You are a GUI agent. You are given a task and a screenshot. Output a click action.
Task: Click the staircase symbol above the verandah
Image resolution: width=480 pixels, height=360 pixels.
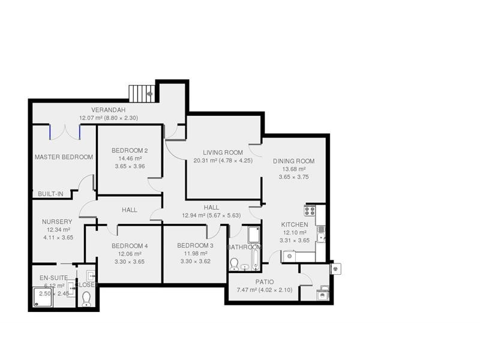(142, 94)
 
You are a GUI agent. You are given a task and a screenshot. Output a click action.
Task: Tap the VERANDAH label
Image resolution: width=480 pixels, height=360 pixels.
(108, 110)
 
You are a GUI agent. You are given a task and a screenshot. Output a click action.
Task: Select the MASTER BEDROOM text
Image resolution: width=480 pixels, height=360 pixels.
(64, 157)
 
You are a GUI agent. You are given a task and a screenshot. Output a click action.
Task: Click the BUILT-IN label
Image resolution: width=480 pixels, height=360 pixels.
(50, 194)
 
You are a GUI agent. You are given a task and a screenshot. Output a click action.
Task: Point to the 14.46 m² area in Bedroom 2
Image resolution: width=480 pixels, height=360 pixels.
(130, 158)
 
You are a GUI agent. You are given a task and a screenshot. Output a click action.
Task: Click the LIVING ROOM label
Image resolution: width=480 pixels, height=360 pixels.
(223, 152)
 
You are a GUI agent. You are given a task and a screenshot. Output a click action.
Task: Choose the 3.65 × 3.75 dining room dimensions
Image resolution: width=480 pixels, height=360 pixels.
(294, 178)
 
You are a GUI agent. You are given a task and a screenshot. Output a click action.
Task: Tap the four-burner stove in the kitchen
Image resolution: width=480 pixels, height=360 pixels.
(310, 211)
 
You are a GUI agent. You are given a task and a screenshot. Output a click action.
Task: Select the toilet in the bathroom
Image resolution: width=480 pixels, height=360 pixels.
(235, 263)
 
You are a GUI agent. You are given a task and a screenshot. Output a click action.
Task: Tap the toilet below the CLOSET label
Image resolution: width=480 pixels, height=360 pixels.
(86, 298)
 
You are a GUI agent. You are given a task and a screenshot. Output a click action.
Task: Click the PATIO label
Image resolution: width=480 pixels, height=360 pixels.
(265, 282)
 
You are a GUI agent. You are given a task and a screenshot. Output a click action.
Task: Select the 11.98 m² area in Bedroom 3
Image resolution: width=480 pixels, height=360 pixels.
(195, 254)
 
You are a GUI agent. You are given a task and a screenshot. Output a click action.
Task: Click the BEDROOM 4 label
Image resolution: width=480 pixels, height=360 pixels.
(130, 246)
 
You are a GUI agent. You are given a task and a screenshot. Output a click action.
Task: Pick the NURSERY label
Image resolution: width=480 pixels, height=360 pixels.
(57, 222)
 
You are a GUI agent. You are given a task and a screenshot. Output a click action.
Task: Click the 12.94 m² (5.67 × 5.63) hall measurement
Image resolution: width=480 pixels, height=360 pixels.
(211, 215)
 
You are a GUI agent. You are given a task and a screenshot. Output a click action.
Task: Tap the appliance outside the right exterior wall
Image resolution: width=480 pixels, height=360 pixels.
(335, 268)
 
